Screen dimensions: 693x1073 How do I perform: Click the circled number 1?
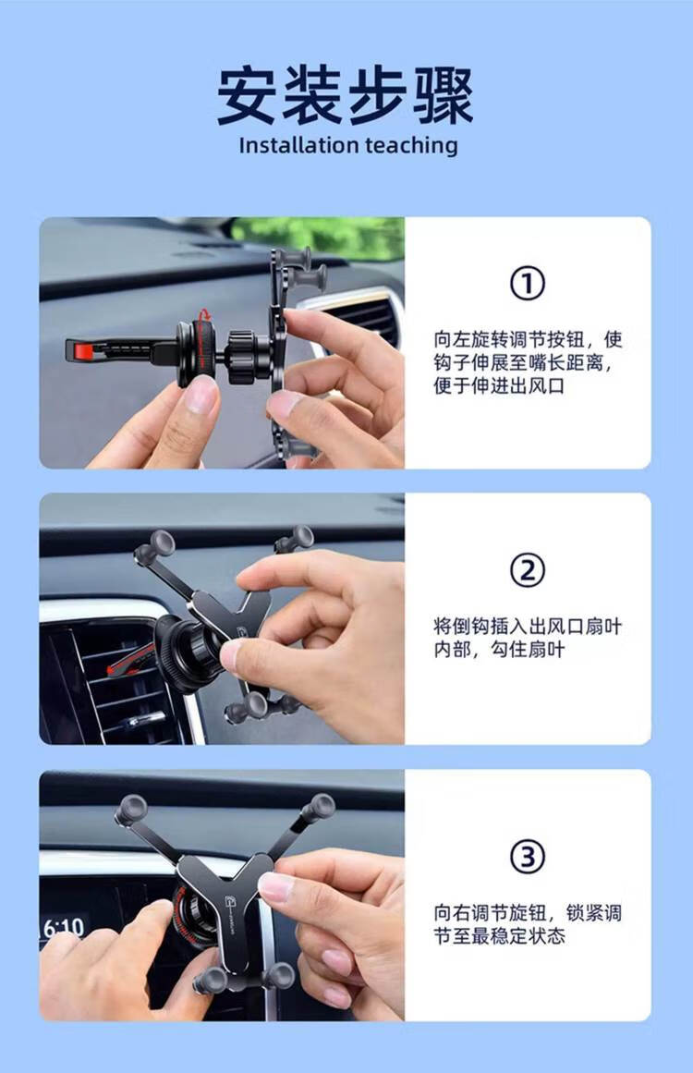coord(528,284)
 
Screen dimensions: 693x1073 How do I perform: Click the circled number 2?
coord(528,570)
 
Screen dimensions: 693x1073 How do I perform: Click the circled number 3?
coord(528,857)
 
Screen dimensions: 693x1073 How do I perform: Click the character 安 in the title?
coord(248,95)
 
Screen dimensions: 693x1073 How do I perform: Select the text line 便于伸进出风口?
coord(499,386)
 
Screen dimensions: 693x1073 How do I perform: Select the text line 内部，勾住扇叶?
coord(499,650)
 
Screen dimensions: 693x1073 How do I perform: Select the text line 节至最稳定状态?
coord(499,936)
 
